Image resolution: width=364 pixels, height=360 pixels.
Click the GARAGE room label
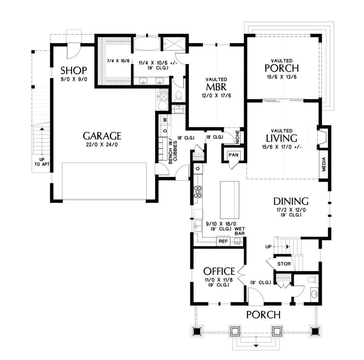(x=102, y=136)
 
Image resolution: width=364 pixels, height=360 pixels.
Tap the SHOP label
(x=74, y=70)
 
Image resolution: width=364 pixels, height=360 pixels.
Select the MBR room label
(x=216, y=87)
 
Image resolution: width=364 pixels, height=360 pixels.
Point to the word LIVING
(x=282, y=138)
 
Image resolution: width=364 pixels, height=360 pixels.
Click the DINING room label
(x=291, y=201)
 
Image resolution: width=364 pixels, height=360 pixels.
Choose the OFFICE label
(x=219, y=271)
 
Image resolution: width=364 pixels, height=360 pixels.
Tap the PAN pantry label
(x=233, y=155)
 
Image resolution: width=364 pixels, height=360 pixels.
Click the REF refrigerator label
(x=223, y=241)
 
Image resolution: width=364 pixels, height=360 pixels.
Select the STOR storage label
(x=284, y=264)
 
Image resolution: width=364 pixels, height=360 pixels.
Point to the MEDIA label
(x=324, y=164)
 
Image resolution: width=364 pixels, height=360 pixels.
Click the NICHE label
(x=237, y=137)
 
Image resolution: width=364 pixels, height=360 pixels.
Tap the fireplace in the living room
(x=322, y=137)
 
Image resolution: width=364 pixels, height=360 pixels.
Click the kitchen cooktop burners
(x=198, y=192)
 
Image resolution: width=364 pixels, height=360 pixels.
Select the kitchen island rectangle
(x=230, y=200)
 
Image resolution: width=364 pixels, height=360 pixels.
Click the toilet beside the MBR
(x=178, y=96)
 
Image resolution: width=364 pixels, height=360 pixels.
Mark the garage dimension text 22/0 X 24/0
(x=102, y=144)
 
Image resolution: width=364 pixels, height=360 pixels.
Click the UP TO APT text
(x=42, y=162)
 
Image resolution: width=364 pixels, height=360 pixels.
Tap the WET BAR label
(x=240, y=231)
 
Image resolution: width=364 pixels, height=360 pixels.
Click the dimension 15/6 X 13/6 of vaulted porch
(x=282, y=77)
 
